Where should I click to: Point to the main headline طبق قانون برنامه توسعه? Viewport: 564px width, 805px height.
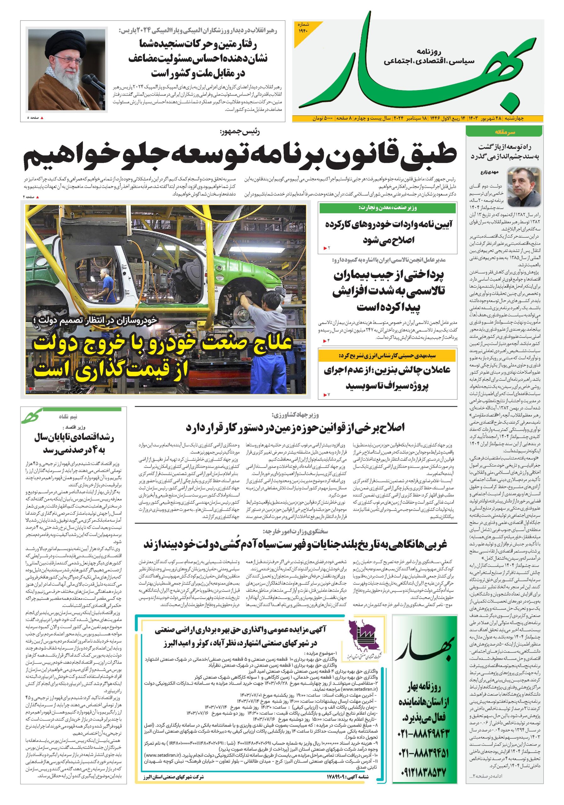pyautogui.click(x=240, y=154)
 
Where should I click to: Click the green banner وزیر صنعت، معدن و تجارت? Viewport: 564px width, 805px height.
pyautogui.click(x=387, y=208)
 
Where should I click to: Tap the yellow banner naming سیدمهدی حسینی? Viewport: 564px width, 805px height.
pyautogui.click(x=387, y=356)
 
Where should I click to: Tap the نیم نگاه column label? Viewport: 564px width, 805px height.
pyautogui.click(x=68, y=417)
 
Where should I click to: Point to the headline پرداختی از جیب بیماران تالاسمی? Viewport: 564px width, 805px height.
pyautogui.click(x=388, y=291)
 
